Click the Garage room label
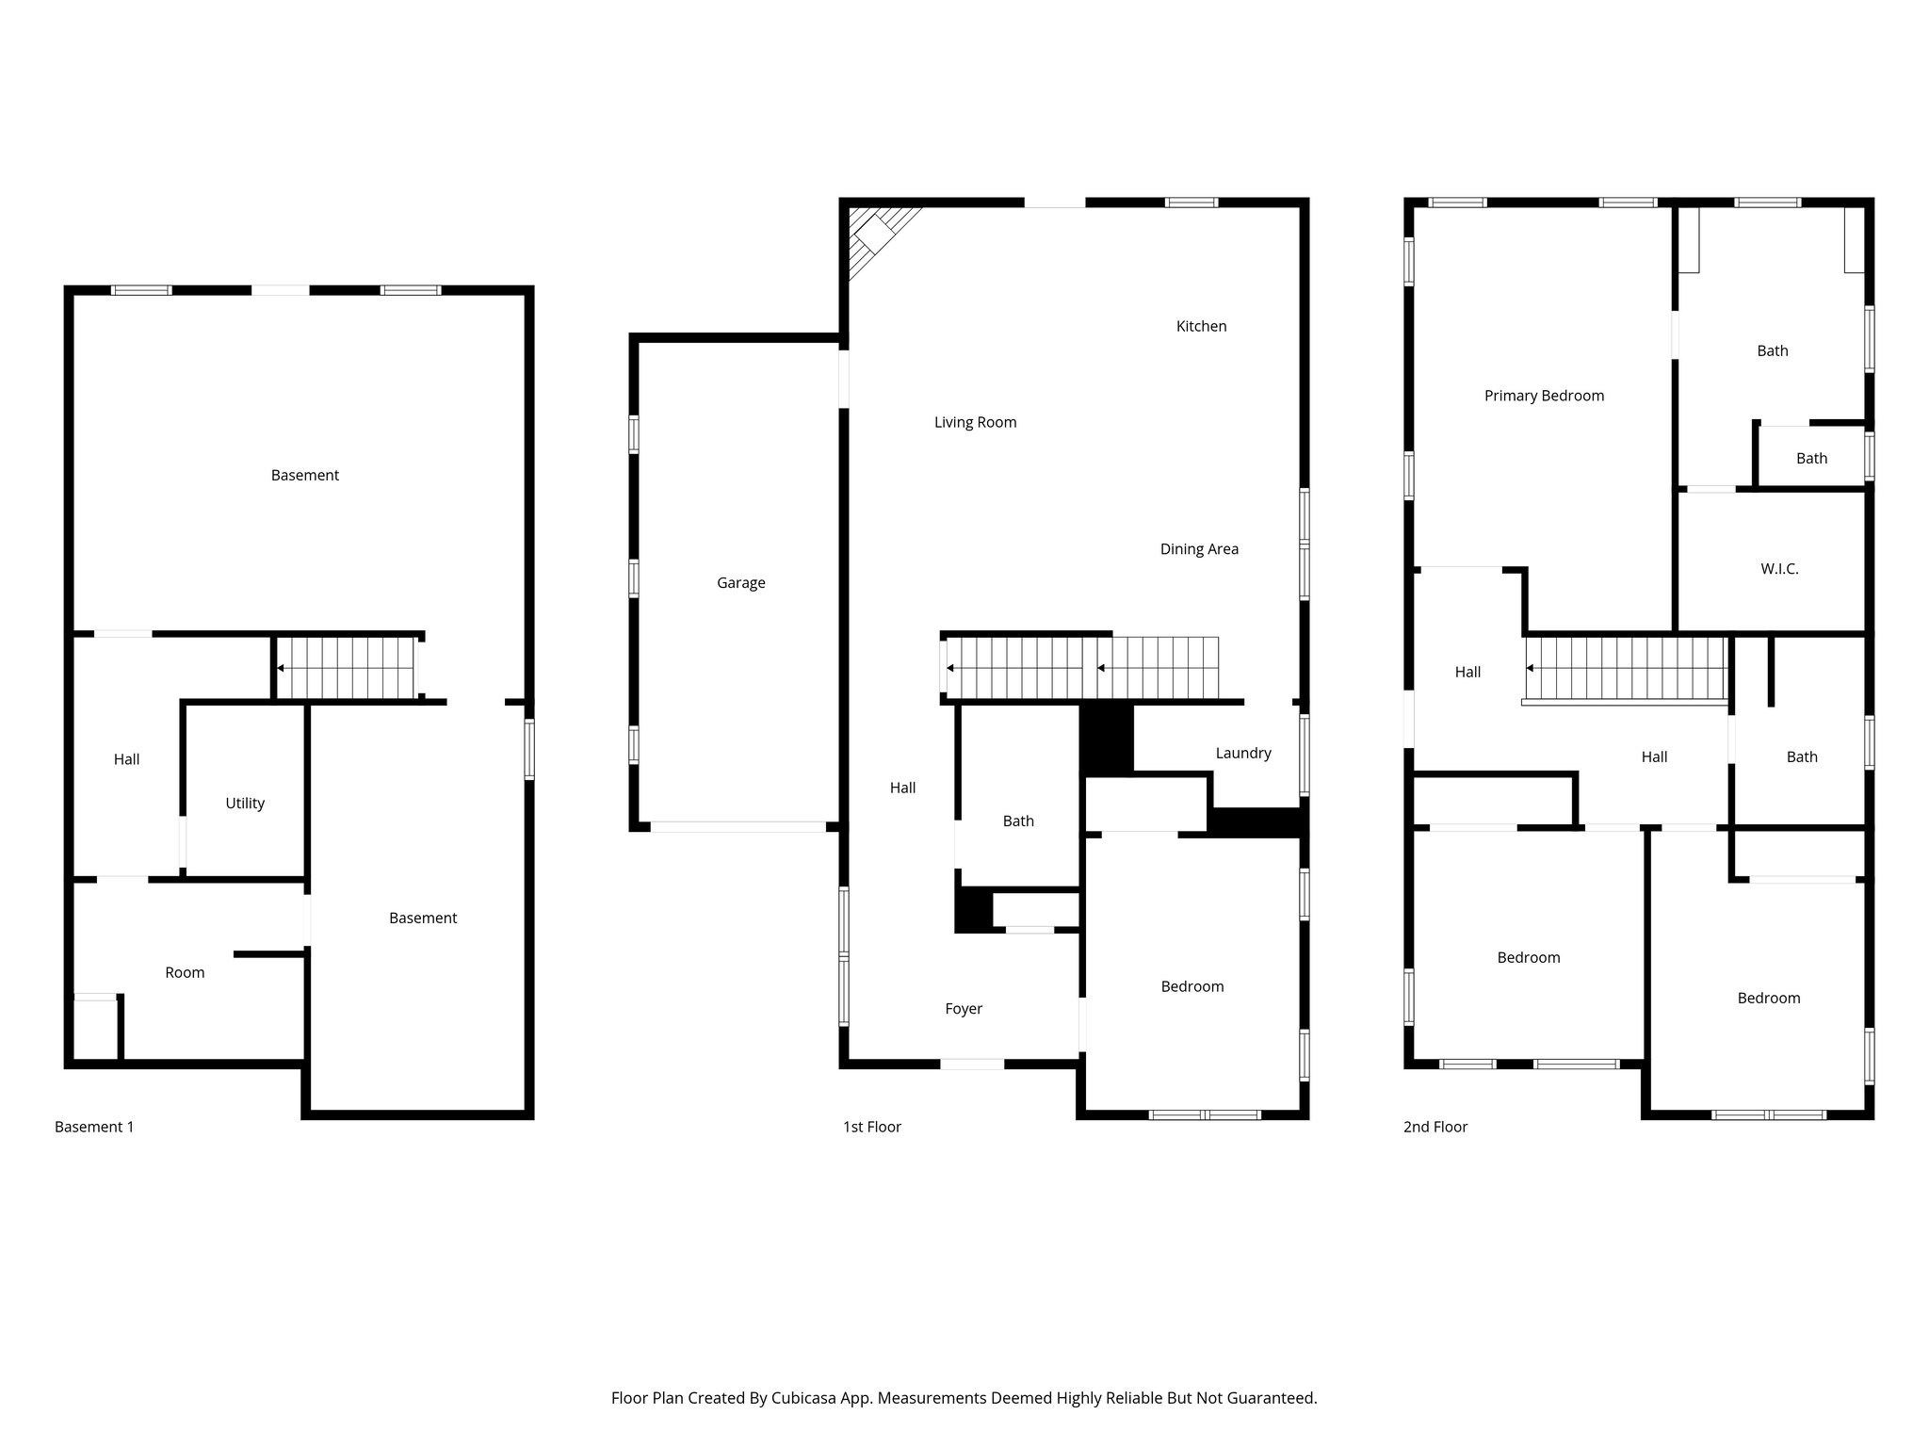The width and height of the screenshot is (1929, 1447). [740, 583]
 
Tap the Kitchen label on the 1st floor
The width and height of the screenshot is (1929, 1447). [1201, 326]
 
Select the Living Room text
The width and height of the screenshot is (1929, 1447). [975, 422]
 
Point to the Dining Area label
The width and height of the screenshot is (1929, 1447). [1199, 549]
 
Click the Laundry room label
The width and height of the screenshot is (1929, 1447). [1242, 753]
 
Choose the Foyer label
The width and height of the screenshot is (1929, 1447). [964, 1009]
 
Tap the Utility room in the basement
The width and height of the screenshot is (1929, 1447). [245, 804]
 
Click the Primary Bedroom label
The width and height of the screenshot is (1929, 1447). [1544, 396]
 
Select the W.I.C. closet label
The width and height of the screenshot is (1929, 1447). [1779, 569]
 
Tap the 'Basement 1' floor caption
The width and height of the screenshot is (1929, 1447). [94, 1127]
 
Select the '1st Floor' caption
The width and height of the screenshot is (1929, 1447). [871, 1127]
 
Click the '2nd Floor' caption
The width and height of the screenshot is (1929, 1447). [1435, 1127]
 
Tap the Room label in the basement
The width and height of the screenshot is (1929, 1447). [185, 972]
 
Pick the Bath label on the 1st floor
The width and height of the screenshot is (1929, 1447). [1018, 821]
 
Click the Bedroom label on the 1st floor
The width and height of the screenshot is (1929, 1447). [1191, 986]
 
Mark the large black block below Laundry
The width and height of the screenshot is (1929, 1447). [1256, 822]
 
